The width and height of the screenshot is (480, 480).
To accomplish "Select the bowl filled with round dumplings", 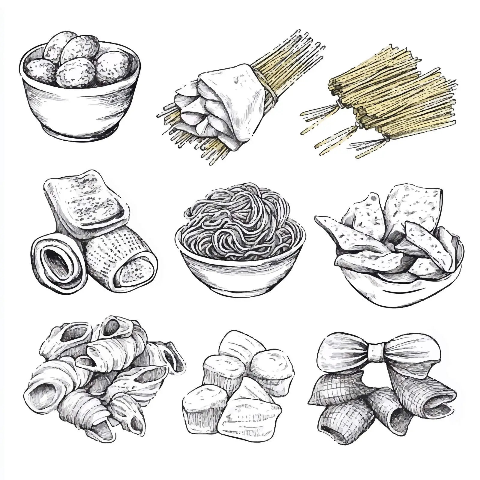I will click(79, 87).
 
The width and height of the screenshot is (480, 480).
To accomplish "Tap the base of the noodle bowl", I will click(240, 289).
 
